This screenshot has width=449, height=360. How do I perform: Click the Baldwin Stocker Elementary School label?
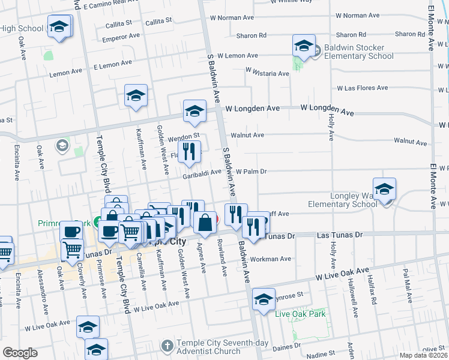(x=359, y=52)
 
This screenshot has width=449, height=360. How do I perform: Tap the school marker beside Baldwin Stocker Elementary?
(x=304, y=46)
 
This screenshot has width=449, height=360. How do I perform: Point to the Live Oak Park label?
(x=300, y=314)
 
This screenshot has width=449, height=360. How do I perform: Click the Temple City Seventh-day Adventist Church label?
(x=224, y=347)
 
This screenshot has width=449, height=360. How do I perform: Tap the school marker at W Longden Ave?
(x=194, y=111)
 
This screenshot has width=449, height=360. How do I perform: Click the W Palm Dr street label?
(x=251, y=171)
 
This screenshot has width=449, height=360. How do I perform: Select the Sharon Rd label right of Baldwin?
(x=251, y=35)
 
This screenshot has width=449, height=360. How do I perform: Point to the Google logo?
(x=19, y=353)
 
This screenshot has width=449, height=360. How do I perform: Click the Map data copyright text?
(x=424, y=355)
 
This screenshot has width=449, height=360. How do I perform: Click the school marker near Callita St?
(x=59, y=27)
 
